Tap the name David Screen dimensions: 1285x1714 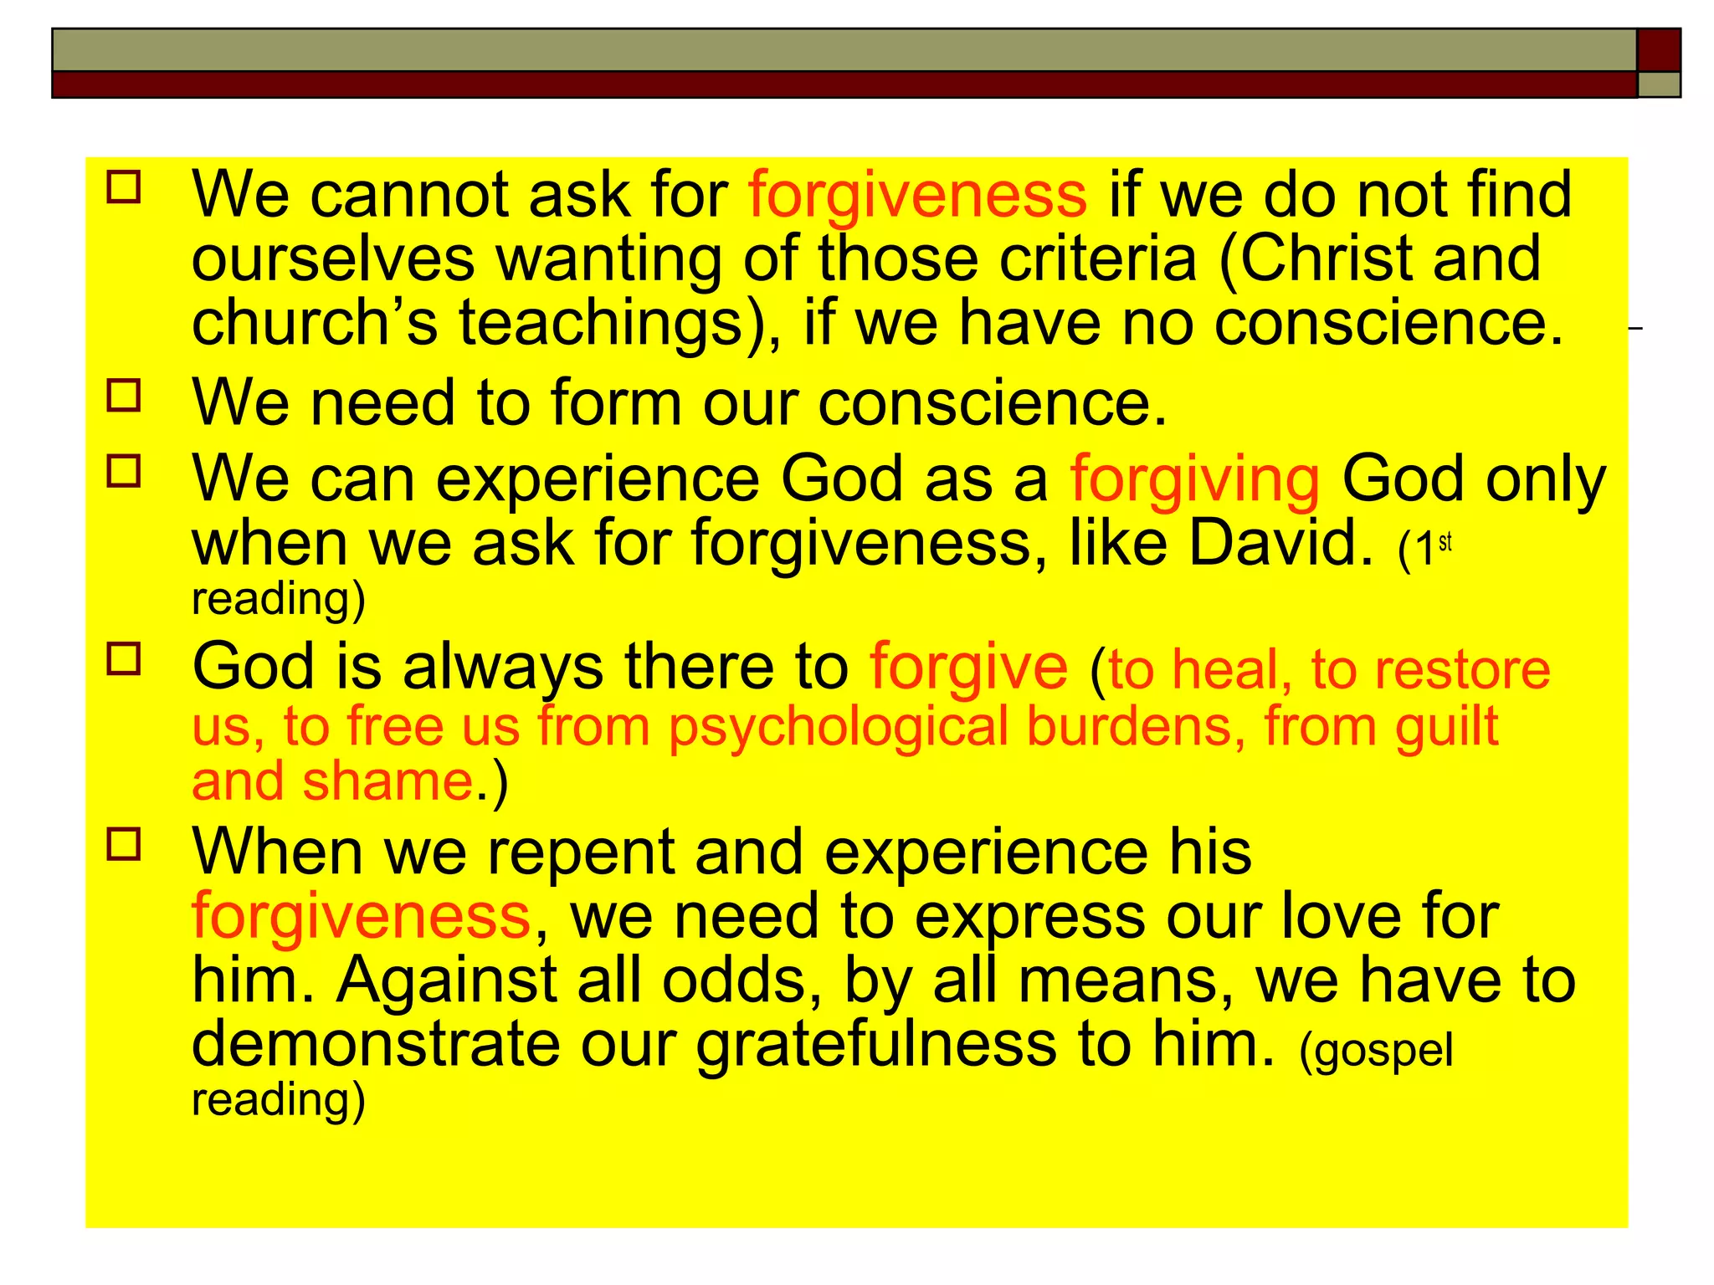tap(1280, 544)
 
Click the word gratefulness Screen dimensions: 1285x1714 tap(876, 1046)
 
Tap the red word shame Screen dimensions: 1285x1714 tap(387, 782)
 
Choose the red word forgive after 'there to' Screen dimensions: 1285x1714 tap(968, 668)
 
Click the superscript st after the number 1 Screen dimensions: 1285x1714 tap(1445, 542)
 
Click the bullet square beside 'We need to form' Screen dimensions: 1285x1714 tap(124, 395)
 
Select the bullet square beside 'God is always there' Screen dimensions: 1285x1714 tap(124, 658)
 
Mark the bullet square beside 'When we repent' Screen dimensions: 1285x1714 tap(124, 845)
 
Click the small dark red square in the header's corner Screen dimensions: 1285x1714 tap(1658, 49)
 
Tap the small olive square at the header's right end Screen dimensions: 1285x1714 tap(1658, 84)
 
